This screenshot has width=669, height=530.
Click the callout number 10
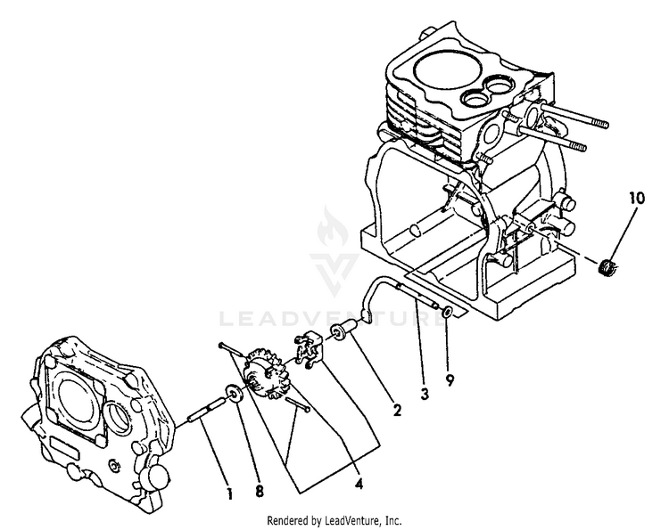tap(636, 199)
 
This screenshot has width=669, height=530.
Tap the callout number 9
tap(450, 380)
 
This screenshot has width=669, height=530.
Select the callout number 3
tap(424, 394)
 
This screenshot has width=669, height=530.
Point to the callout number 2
tap(397, 411)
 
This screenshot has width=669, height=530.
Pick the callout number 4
tap(359, 484)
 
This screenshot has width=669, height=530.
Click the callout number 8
tap(260, 491)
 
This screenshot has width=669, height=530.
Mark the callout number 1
tap(230, 494)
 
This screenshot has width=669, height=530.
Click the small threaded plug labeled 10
tap(607, 268)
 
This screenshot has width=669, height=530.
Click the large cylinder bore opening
tap(448, 69)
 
